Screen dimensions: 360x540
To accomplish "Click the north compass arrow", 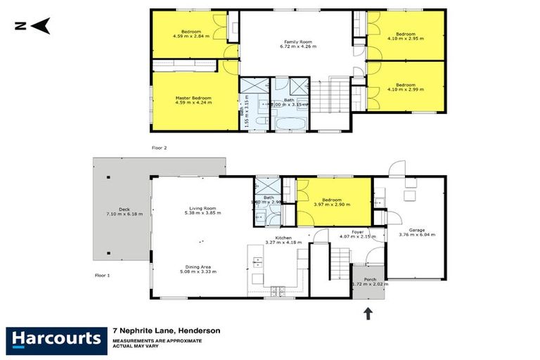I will click(x=40, y=27).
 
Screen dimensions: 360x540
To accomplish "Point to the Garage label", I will click(x=412, y=231).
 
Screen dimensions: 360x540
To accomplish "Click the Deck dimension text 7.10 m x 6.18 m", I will click(x=120, y=213).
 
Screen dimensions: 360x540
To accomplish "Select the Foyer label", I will click(x=357, y=231).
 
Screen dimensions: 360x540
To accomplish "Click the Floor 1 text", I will click(x=103, y=275).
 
